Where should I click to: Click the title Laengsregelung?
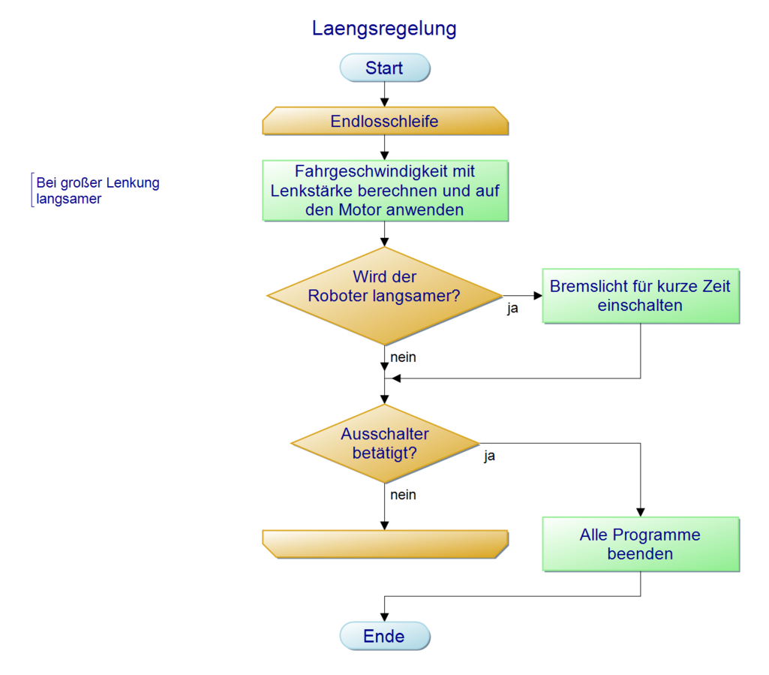[384, 29]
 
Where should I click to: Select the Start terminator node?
[385, 68]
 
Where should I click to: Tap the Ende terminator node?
[385, 636]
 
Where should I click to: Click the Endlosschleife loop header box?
[385, 121]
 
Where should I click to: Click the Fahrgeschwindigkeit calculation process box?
[385, 191]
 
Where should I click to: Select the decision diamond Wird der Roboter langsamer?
[385, 295]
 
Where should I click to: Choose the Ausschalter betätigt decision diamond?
[385, 444]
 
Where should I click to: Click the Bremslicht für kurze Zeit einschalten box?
[640, 296]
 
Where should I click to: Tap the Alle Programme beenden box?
[640, 544]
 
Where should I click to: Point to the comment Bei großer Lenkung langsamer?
[98, 191]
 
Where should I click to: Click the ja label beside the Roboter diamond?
[512, 308]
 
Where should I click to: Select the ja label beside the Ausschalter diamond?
[489, 456]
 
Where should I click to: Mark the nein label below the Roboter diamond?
[403, 357]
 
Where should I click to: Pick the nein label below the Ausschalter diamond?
[403, 495]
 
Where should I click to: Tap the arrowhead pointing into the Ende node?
[385, 617]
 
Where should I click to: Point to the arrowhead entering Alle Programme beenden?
[640, 511]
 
